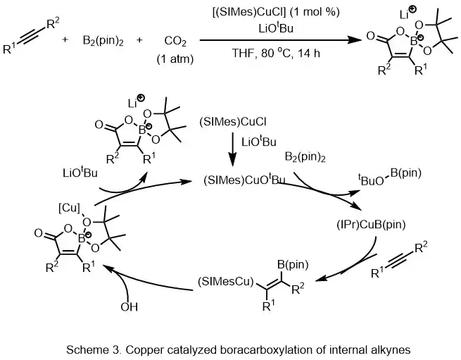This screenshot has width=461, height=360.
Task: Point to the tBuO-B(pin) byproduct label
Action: coord(385,180)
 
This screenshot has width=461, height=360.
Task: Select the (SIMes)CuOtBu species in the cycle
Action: coord(244,180)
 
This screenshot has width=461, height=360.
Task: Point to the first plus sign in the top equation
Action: coord(65,40)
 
